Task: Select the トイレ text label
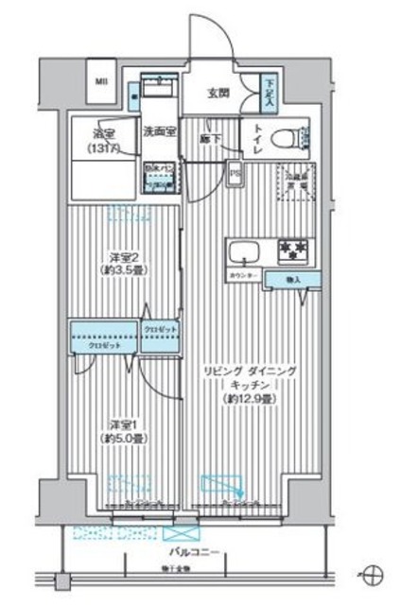click(256, 136)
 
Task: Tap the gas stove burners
click(291, 251)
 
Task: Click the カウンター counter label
click(242, 276)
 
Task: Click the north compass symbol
click(374, 573)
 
